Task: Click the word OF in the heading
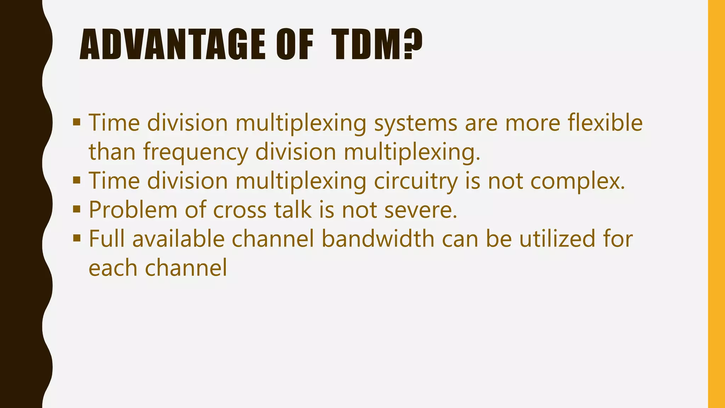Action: tap(295, 45)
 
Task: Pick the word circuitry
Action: tap(416, 181)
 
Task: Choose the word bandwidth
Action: tap(378, 238)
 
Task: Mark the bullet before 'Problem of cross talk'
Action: tap(76, 209)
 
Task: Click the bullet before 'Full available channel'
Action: tap(76, 238)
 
